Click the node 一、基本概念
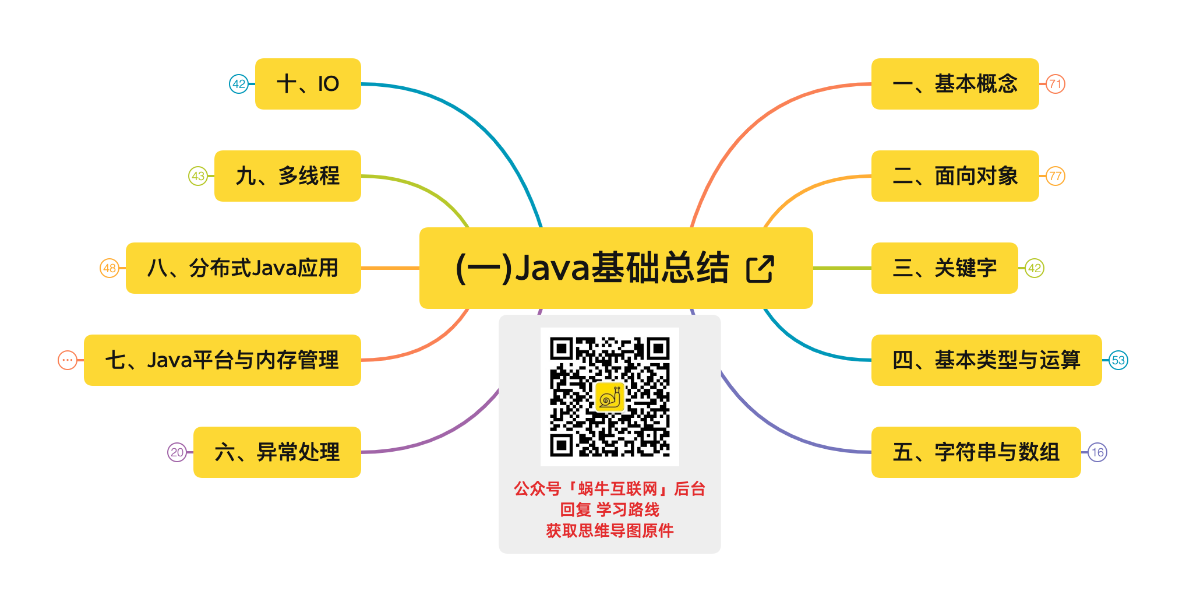[x=954, y=84]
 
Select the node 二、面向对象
[x=954, y=176]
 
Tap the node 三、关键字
[x=944, y=268]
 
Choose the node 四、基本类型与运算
[x=986, y=360]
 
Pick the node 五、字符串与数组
[x=975, y=452]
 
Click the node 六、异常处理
[x=277, y=452]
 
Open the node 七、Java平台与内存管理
[x=222, y=360]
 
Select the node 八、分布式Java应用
[x=243, y=268]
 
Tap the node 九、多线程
[x=287, y=176]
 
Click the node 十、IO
[x=308, y=84]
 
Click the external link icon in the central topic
[x=760, y=269]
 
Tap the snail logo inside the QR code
[x=609, y=398]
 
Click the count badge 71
[x=1055, y=84]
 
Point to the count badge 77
[x=1055, y=176]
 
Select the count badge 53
[x=1118, y=360]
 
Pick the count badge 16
[x=1097, y=452]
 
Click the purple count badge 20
[x=177, y=452]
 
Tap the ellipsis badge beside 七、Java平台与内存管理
[x=68, y=360]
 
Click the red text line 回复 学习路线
[x=609, y=509]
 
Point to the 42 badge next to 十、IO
[x=239, y=84]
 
